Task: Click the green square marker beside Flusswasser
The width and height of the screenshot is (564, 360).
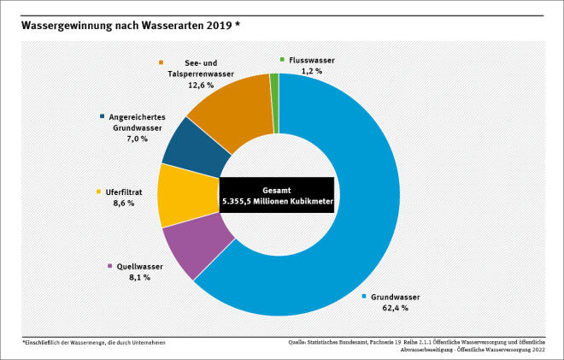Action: [282, 60]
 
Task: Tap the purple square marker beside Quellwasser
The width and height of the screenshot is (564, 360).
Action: [109, 266]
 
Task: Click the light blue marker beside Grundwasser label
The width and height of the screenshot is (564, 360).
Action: [364, 297]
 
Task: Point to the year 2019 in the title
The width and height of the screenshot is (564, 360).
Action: [216, 25]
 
